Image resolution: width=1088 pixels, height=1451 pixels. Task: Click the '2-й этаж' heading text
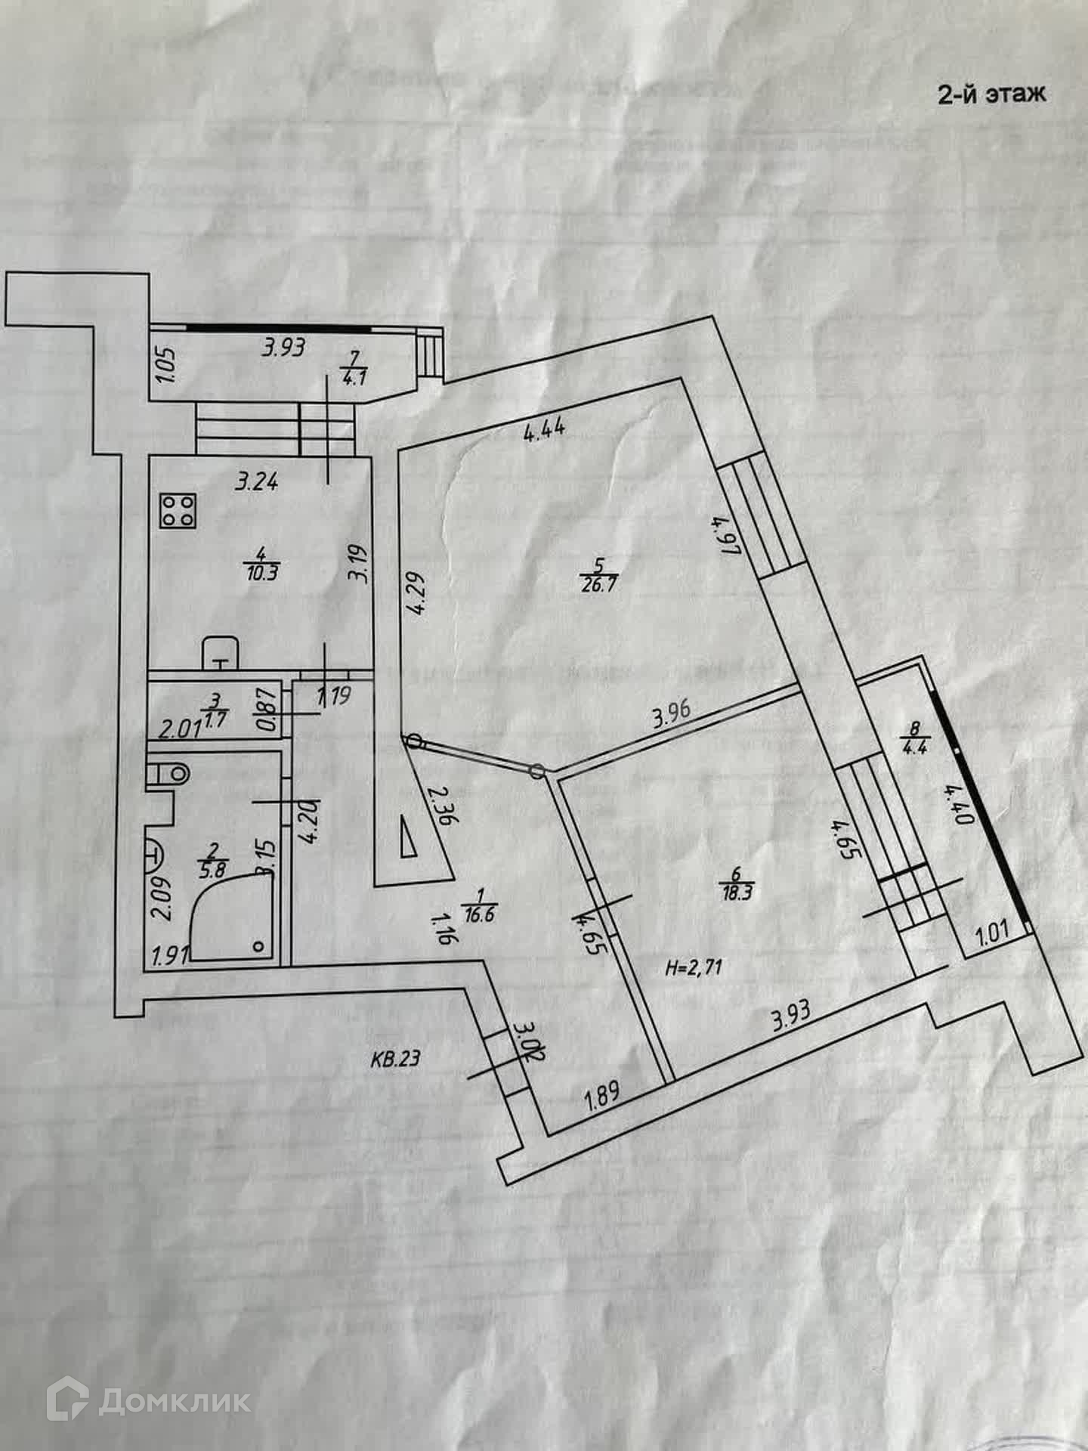pyautogui.click(x=991, y=94)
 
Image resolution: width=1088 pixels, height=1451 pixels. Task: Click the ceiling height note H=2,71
pyautogui.click(x=689, y=967)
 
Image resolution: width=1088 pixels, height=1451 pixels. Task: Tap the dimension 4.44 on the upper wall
pyautogui.click(x=545, y=432)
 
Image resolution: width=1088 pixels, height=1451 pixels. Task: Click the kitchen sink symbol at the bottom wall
pyautogui.click(x=221, y=654)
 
